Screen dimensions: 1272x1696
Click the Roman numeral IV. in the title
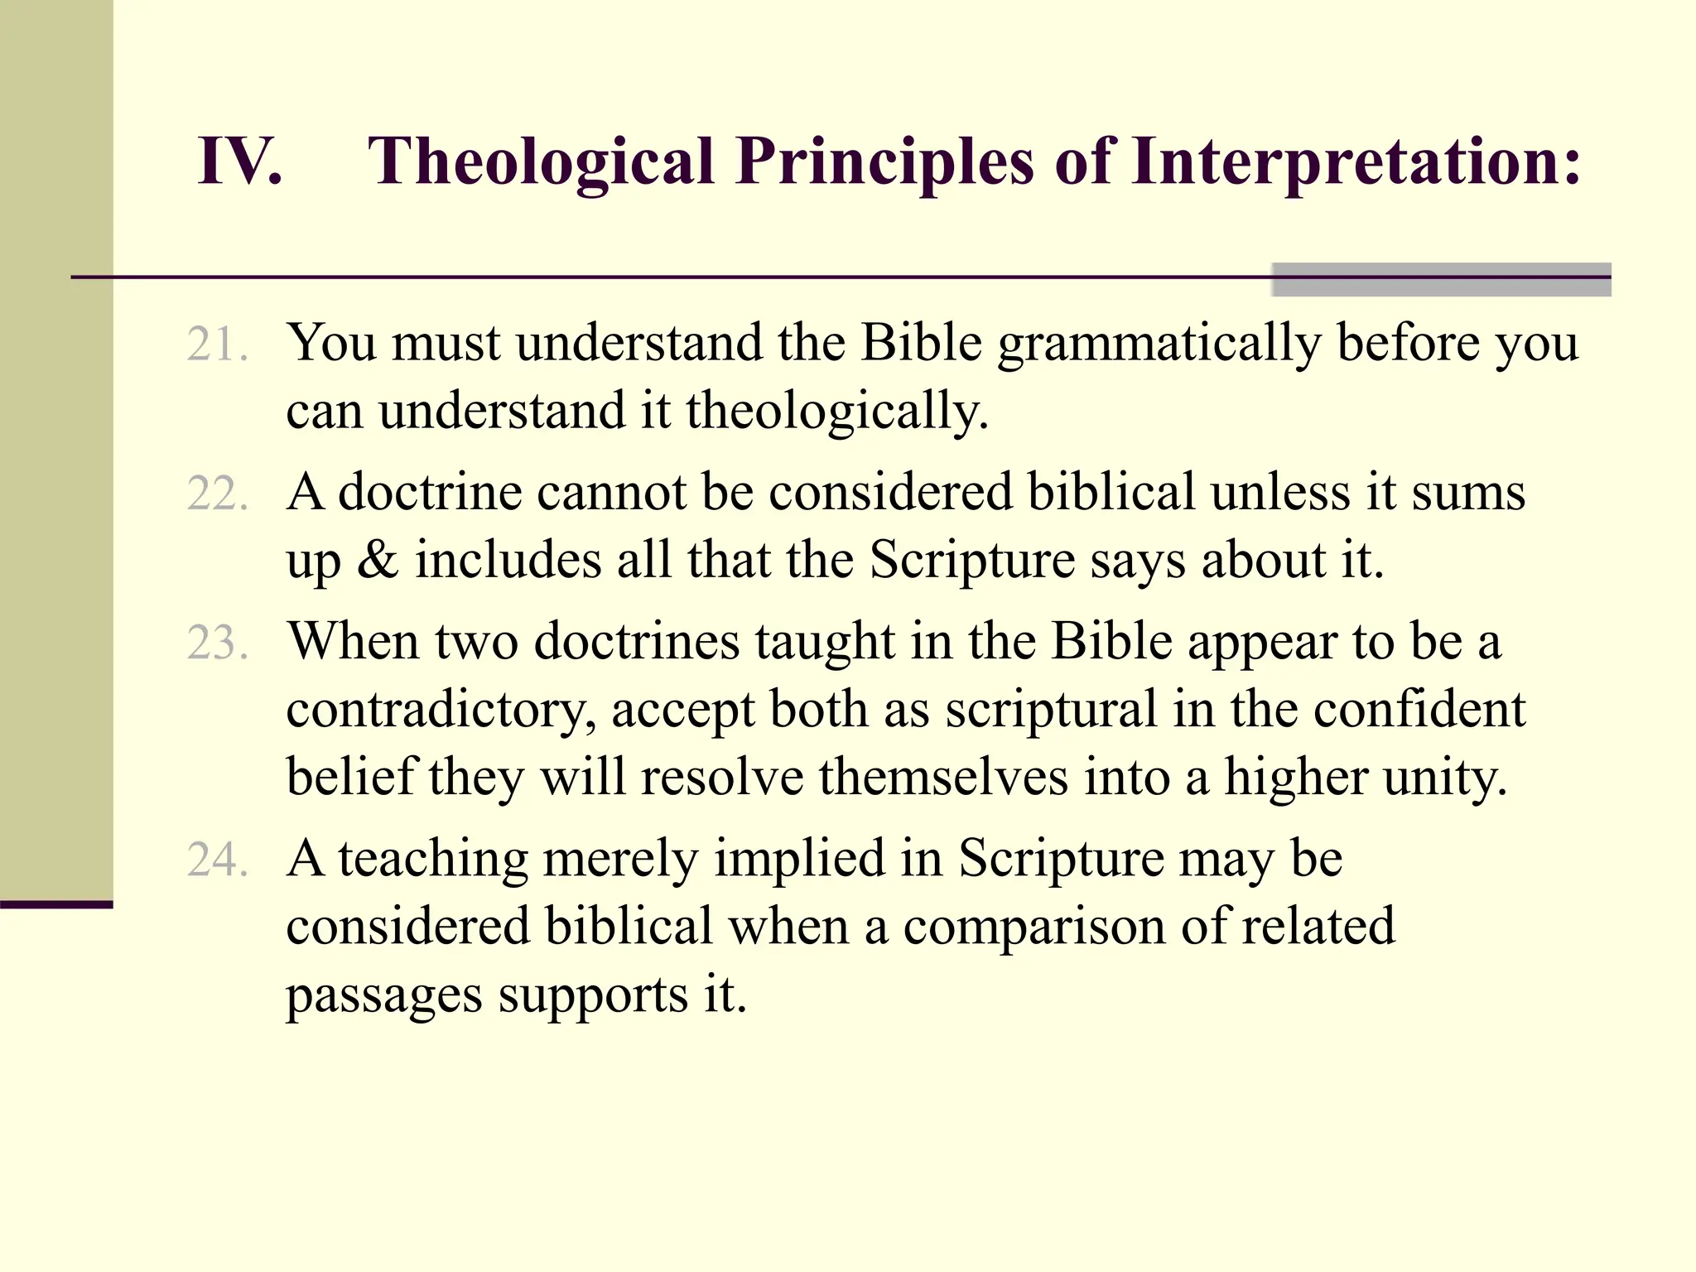coord(239,161)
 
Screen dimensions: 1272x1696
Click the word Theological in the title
coord(540,161)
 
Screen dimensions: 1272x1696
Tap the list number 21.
coord(217,344)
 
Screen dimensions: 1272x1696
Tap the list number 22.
coord(217,494)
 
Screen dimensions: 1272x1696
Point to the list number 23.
coord(217,643)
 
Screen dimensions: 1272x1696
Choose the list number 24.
coord(217,860)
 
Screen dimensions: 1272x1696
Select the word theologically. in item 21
coord(837,412)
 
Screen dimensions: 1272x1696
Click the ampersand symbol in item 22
coord(378,560)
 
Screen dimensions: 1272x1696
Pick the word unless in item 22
coord(1279,492)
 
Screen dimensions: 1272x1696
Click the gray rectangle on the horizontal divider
coord(1441,279)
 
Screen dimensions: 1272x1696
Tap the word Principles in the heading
coord(885,161)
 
